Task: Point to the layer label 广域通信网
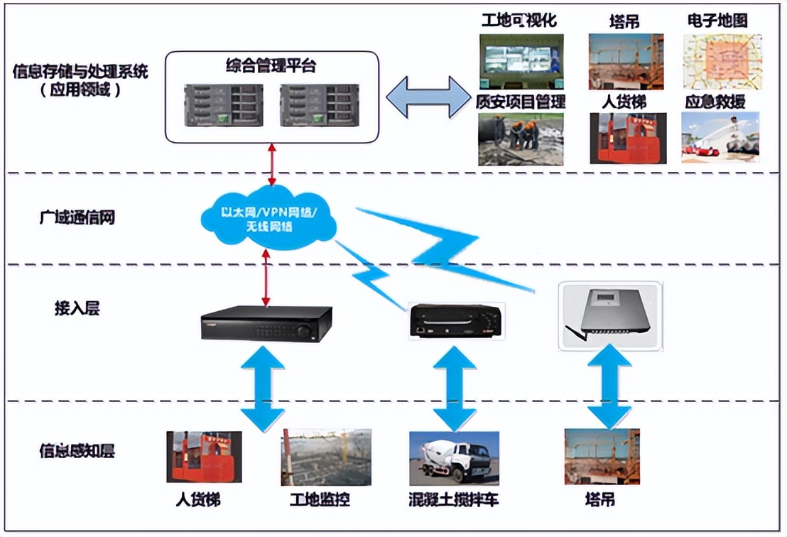(x=77, y=217)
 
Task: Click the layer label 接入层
(x=77, y=308)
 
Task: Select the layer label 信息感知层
(x=77, y=450)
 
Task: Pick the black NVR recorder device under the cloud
(x=266, y=324)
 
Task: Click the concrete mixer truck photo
(x=454, y=457)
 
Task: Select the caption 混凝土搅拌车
(x=454, y=499)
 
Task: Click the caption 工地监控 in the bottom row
(x=320, y=499)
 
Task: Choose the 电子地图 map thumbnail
(x=717, y=61)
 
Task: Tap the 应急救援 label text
(x=715, y=102)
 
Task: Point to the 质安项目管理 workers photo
(x=521, y=139)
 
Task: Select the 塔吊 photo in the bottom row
(x=602, y=457)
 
